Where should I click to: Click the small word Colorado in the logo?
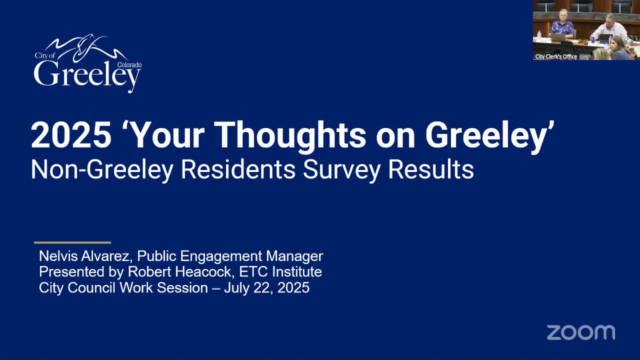tap(129, 65)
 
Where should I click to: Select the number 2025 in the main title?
tap(71, 135)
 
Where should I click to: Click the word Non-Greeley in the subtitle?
tap(102, 170)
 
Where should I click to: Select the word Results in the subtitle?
tap(431, 170)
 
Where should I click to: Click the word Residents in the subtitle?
tap(238, 170)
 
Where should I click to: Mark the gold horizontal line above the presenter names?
tap(72, 242)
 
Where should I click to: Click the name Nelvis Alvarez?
tap(85, 256)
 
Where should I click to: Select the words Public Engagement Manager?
tap(230, 256)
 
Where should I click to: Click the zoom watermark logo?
tap(580, 332)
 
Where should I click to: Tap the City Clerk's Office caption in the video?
tap(556, 56)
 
